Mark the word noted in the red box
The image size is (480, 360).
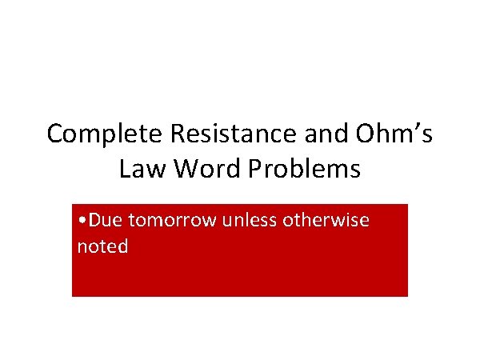(x=102, y=246)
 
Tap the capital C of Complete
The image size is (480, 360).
(x=54, y=134)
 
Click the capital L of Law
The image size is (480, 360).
(x=125, y=169)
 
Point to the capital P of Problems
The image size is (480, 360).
(x=259, y=169)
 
